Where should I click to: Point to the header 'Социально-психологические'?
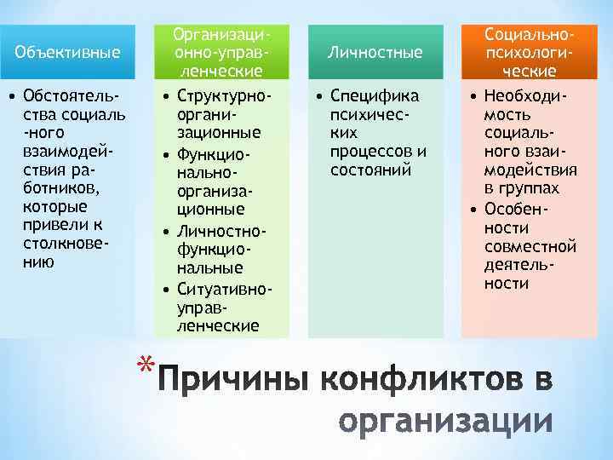pyautogui.click(x=530, y=52)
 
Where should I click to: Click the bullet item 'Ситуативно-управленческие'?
pyautogui.click(x=223, y=308)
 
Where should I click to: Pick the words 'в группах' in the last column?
pyautogui.click(x=522, y=188)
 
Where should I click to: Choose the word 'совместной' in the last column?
pyautogui.click(x=530, y=246)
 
